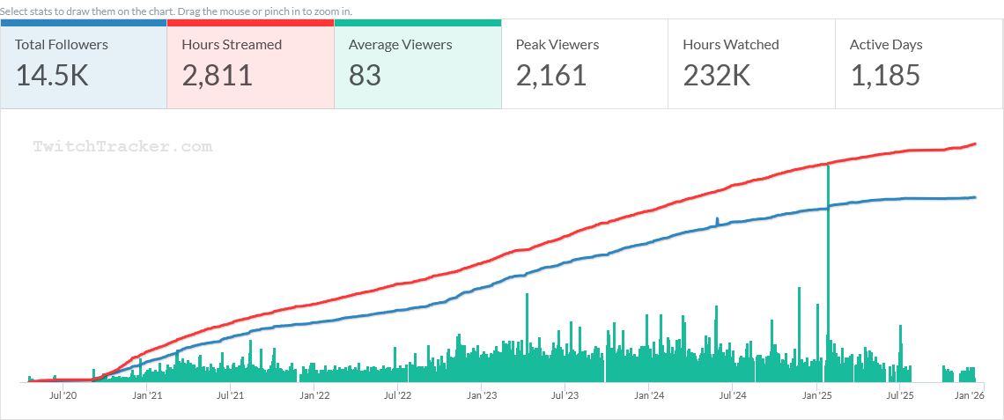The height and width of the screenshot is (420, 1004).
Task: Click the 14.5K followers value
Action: click(x=52, y=76)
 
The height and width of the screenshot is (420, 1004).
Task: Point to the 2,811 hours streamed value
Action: click(x=218, y=76)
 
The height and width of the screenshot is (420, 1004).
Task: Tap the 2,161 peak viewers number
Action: click(x=551, y=76)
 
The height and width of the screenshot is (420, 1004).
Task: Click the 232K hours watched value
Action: click(x=717, y=76)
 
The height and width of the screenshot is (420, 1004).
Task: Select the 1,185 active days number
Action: click(x=885, y=76)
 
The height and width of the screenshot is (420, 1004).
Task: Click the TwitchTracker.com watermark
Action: click(x=122, y=147)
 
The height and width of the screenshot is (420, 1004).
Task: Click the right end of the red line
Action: click(x=975, y=144)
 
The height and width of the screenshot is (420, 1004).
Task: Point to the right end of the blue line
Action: click(x=975, y=197)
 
